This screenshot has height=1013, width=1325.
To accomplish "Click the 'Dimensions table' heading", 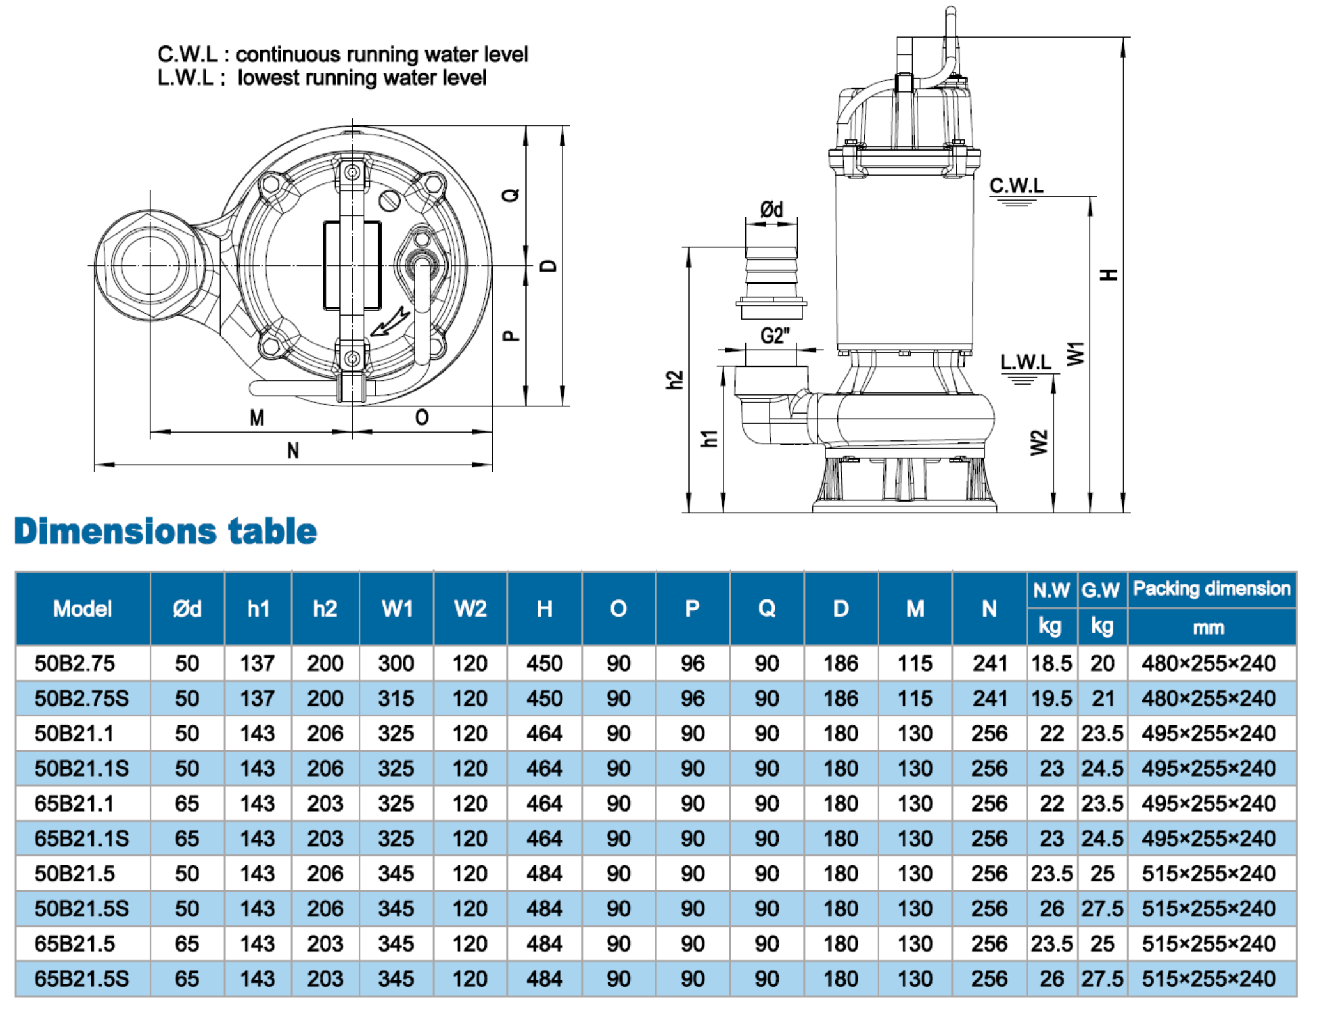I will [165, 531].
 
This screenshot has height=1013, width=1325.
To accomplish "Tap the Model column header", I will [82, 608].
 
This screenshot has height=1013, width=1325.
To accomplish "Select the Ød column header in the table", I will [187, 608].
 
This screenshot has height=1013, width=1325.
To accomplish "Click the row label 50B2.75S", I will [82, 699].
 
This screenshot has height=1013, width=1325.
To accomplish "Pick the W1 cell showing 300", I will [396, 663].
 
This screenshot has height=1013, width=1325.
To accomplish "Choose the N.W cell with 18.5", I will [1051, 663].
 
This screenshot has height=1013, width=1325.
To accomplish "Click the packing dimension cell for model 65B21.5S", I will [1208, 978].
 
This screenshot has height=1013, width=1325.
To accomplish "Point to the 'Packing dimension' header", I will [1211, 588].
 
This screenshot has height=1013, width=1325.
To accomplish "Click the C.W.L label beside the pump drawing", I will [1016, 185].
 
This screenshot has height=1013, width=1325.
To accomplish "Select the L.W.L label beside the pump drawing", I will [1025, 362].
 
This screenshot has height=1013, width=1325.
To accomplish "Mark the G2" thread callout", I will [775, 336].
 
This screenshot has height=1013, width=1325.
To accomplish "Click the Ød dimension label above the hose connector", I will [771, 209].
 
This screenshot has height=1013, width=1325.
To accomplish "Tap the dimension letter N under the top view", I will [293, 451].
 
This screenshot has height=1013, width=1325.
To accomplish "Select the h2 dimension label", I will [674, 380].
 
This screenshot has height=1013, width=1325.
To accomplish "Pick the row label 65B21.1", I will [74, 803].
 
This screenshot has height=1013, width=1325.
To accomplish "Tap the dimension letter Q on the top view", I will [511, 195].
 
